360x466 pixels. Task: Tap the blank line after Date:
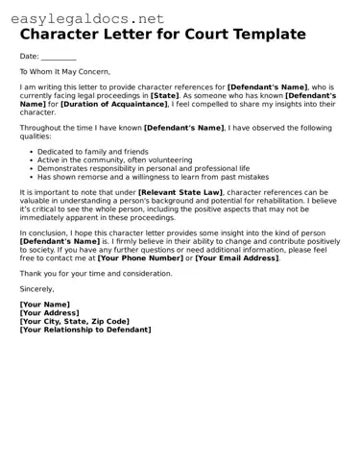(x=59, y=57)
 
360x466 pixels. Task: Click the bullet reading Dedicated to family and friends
(x=92, y=152)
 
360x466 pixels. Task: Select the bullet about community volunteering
(x=101, y=160)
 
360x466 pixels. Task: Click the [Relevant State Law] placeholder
(x=180, y=192)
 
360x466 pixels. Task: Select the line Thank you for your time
(x=96, y=273)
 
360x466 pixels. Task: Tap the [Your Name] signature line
(x=45, y=305)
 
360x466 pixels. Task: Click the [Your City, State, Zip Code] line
(x=74, y=321)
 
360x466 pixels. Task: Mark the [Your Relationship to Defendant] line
(x=85, y=330)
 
